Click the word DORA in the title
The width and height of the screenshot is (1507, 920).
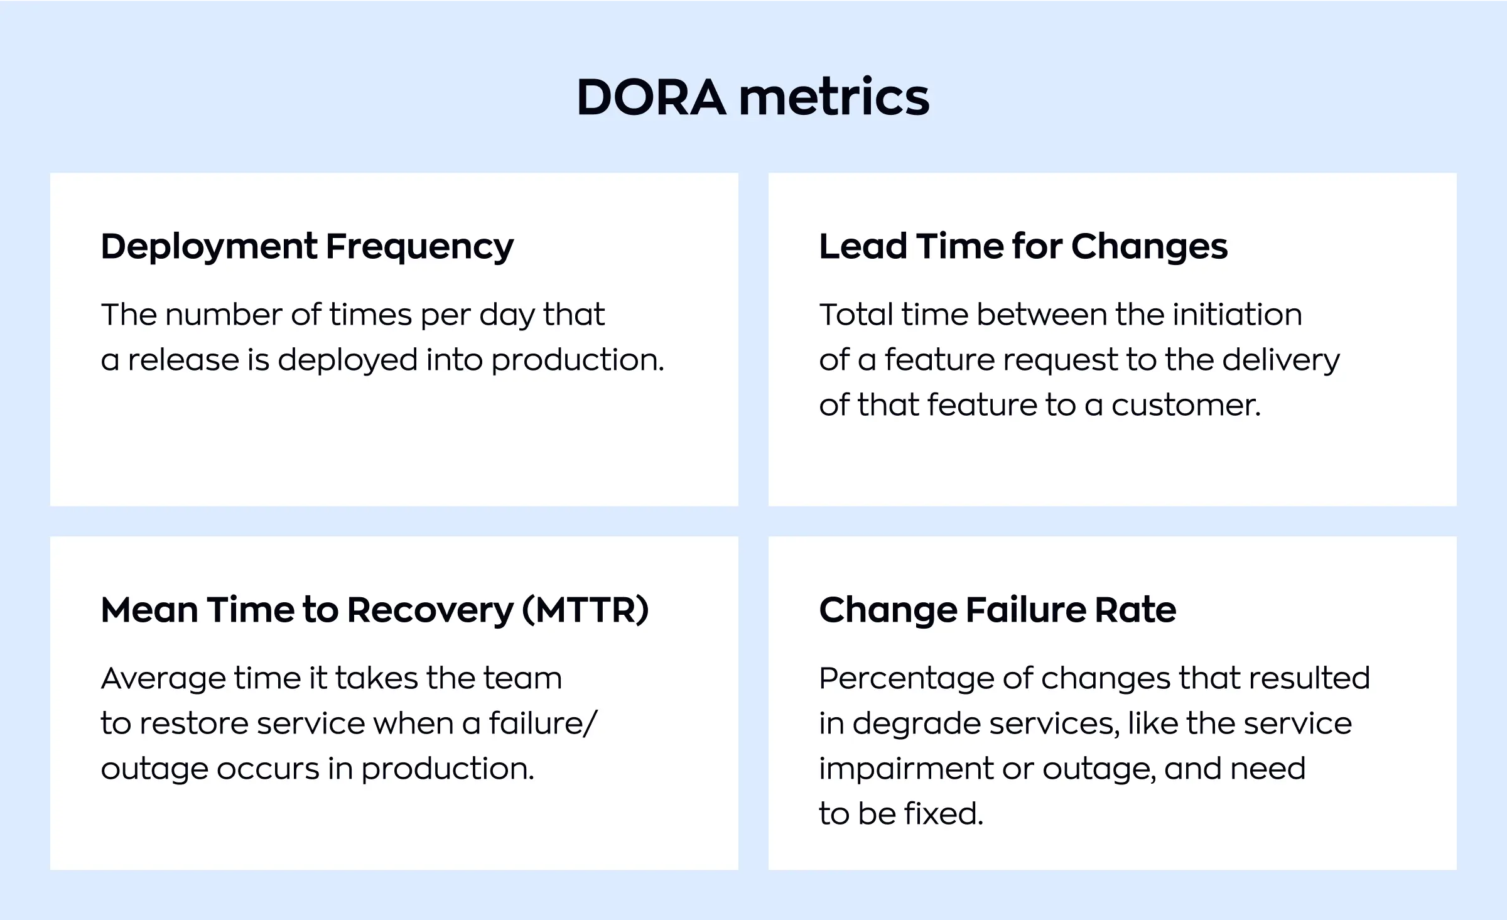tap(651, 97)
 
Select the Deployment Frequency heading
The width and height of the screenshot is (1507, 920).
tap(307, 246)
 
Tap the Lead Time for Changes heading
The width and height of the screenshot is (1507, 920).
tap(1023, 246)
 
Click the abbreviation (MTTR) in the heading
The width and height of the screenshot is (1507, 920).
tap(585, 610)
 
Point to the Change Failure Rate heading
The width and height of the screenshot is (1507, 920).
tap(997, 610)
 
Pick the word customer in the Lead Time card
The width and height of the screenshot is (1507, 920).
tap(1186, 405)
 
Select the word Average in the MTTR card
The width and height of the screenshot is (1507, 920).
tap(163, 679)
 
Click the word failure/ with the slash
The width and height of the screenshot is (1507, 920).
tap(543, 723)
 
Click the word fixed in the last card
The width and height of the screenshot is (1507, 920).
tap(943, 814)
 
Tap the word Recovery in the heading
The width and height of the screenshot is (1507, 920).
tap(430, 610)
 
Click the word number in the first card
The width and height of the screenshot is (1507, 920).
tap(223, 315)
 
